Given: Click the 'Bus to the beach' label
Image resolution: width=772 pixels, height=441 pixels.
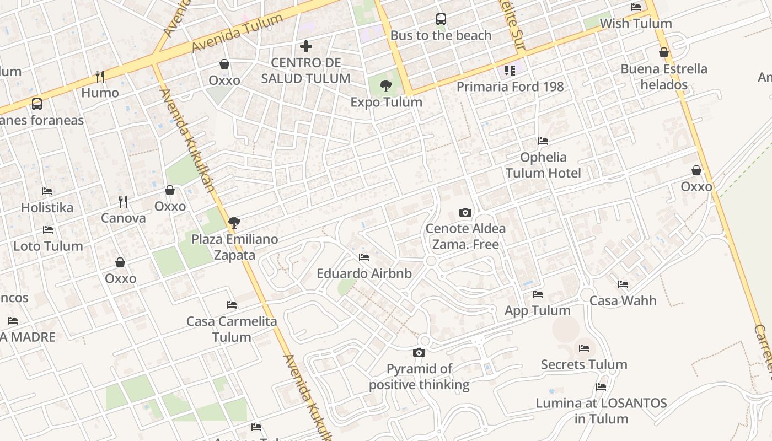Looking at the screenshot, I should point(441,35).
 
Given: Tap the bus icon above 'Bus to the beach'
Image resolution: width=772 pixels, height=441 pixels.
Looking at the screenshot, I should point(441,19).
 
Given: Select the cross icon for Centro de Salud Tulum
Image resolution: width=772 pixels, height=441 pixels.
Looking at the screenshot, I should point(306,46).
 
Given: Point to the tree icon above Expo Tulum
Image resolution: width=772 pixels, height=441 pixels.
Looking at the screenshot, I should point(386,85).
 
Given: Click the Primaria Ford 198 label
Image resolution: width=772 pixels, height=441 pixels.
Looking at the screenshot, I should point(510,87).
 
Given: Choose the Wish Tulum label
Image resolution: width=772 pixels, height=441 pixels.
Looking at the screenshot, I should point(636,24).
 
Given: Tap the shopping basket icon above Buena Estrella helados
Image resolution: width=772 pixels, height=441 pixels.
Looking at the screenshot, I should point(664,53).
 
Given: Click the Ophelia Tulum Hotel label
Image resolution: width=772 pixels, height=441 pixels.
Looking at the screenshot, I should point(543,165).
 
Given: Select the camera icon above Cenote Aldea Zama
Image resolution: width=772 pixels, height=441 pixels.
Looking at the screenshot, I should point(465,213).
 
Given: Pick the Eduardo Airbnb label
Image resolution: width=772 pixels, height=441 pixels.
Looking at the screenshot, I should point(364,273).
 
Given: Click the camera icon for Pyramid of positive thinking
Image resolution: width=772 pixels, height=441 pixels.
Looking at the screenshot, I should point(419,353).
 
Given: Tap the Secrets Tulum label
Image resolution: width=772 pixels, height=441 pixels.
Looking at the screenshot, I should point(584,364).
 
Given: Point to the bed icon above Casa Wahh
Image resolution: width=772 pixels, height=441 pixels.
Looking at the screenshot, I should point(623,284).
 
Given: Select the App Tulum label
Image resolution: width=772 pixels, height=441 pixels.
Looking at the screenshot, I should point(538,310).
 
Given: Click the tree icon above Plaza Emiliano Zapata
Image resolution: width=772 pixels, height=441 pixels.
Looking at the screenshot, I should point(234,223).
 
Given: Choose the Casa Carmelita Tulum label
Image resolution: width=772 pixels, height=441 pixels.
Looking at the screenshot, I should point(232,329).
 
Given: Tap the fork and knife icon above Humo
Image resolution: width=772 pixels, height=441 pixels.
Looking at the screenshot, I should point(100,76).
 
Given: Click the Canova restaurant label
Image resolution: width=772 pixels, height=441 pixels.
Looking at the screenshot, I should point(123,218).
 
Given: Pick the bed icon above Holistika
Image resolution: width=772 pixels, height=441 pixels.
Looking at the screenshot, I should point(47,191).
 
